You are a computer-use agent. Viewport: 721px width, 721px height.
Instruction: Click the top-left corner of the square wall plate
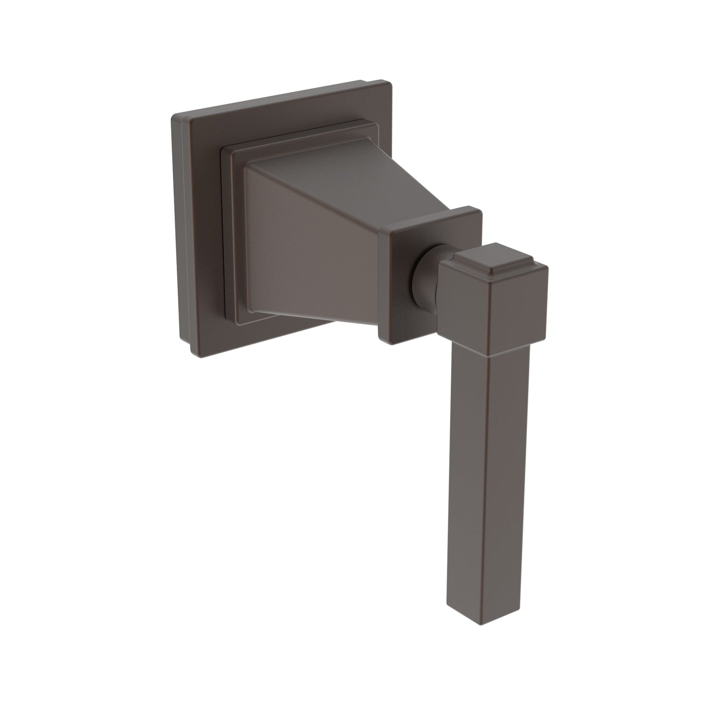173,115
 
